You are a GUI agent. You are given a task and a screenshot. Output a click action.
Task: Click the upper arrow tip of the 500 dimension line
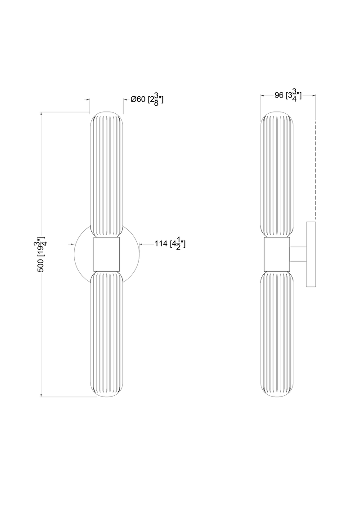[41, 112]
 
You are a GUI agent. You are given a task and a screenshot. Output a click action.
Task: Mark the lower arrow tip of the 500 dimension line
[41, 397]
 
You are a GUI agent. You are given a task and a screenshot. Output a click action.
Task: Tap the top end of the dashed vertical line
[315, 121]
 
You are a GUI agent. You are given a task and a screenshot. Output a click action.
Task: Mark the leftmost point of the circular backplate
[74, 254]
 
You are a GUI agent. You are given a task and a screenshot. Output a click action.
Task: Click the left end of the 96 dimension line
[261, 95]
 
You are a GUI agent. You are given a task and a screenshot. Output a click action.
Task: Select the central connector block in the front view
[107, 254]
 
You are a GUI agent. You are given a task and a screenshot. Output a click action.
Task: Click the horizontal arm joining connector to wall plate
[298, 254]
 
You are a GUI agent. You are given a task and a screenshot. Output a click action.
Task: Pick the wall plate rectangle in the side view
[311, 254]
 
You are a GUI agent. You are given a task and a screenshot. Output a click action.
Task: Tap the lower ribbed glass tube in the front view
[107, 334]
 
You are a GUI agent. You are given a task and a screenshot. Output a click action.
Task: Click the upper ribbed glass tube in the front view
[107, 174]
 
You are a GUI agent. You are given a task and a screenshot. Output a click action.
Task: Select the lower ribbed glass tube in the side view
[277, 334]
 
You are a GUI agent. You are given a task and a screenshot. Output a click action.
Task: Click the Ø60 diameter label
[138, 100]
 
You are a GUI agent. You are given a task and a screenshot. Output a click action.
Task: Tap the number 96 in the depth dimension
[279, 95]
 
